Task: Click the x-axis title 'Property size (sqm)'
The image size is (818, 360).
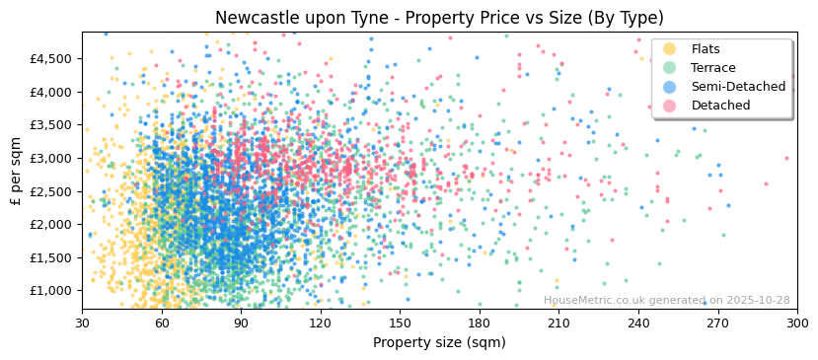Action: point(439,343)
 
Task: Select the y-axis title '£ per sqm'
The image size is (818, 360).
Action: point(16,171)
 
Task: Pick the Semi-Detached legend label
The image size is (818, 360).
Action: point(738,87)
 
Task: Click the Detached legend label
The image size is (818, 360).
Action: point(720,106)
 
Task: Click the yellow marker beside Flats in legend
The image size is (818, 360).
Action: point(670,49)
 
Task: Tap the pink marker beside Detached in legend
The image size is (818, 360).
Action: point(670,106)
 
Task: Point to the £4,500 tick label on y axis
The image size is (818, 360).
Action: point(51,58)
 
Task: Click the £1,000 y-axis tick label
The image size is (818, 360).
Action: point(51,290)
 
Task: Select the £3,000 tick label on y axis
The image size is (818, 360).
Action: point(51,158)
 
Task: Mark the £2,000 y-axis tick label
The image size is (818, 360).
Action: point(51,224)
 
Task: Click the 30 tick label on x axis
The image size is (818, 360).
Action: point(82,323)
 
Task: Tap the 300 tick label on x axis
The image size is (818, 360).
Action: point(796,323)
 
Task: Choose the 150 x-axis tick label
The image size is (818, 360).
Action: point(400,323)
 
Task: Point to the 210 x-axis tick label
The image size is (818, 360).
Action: point(558,323)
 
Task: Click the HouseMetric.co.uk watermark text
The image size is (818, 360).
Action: point(666,301)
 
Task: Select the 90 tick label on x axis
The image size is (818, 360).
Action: point(241,323)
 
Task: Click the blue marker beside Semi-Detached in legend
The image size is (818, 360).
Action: point(670,87)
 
